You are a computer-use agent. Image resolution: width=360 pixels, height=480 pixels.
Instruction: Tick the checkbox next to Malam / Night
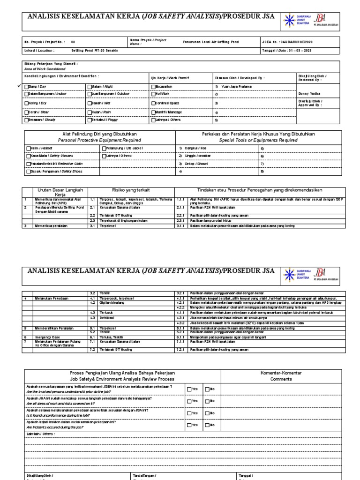click(89, 87)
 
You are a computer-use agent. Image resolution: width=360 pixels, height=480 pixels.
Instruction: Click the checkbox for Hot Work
click(153, 94)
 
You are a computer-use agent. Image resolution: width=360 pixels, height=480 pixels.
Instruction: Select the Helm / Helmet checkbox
click(28, 148)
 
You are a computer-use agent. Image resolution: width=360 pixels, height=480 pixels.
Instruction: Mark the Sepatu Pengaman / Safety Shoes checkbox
click(28, 172)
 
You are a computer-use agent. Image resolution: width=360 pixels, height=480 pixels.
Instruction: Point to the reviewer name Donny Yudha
click(307, 94)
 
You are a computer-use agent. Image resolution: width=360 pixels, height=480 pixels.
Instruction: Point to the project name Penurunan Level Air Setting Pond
click(212, 42)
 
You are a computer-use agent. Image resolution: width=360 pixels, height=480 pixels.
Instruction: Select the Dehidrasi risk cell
click(107, 318)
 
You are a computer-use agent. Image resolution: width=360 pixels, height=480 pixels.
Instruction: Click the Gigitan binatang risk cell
click(111, 303)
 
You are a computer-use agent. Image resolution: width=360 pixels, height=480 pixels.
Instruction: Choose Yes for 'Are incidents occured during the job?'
click(188, 425)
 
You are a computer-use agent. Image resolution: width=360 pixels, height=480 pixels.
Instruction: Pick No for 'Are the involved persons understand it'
click(206, 389)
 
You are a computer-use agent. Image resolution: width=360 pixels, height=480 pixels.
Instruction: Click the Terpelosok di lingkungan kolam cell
click(122, 220)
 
